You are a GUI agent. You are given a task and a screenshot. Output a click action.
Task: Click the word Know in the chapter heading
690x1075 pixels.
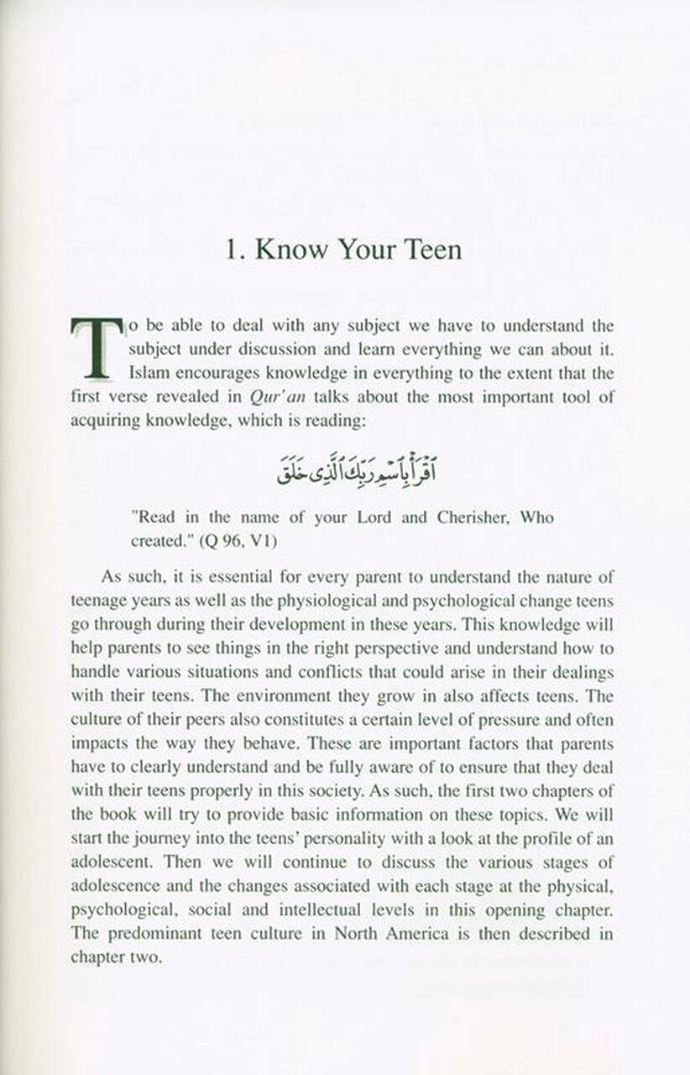point(290,249)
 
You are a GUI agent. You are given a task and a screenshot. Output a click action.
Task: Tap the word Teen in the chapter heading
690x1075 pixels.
point(426,249)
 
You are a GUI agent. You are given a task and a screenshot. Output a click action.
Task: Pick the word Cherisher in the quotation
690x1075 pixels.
point(472,517)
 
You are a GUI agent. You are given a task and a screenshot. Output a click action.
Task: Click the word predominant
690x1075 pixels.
point(151,933)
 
